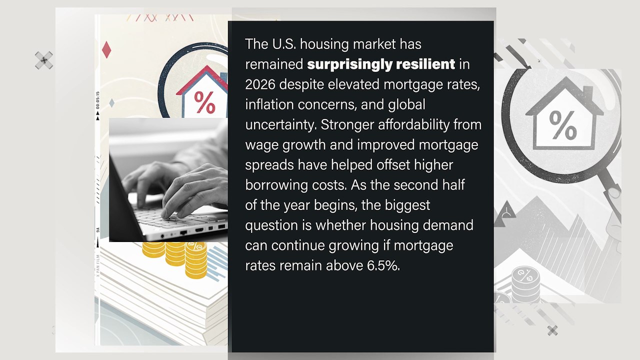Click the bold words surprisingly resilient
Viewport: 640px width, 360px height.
point(381,64)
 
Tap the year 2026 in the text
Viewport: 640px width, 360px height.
point(260,84)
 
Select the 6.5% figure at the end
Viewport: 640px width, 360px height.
point(383,265)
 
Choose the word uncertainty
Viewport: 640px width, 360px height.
point(281,125)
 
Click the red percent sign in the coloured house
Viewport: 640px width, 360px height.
point(204,102)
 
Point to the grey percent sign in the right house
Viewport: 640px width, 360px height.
point(563,125)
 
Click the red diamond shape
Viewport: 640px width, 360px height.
point(106,49)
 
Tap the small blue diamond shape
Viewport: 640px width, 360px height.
point(111,103)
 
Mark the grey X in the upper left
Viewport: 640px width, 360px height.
point(44,60)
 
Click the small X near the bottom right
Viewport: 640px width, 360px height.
point(552,330)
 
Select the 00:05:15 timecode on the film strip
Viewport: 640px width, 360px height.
point(97,100)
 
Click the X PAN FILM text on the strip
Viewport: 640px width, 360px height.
point(98,265)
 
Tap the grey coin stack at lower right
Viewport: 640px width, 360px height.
point(525,284)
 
